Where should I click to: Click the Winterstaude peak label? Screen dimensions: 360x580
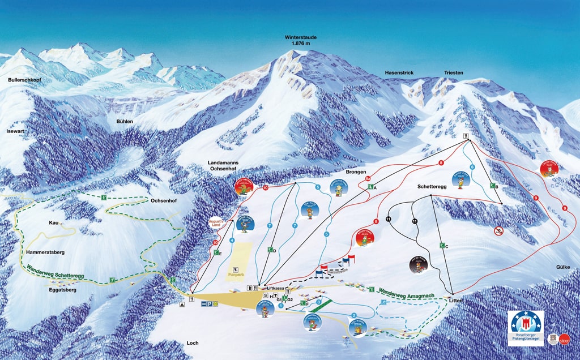coord(301,40)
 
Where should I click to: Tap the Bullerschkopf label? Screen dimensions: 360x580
coord(25,80)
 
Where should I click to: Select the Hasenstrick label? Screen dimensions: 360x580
coord(400,73)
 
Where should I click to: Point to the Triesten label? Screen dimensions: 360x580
coord(454,73)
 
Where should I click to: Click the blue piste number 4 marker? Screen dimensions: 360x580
coord(232,241)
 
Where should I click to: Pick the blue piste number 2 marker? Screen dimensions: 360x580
coord(354,315)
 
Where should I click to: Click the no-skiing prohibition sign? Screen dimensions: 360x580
coord(498,230)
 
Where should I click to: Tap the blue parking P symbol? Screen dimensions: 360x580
coord(210,304)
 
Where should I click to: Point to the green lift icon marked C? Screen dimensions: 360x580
coord(442,246)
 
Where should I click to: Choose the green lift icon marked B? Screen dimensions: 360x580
coord(493,186)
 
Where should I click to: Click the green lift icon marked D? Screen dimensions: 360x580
coord(271,249)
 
